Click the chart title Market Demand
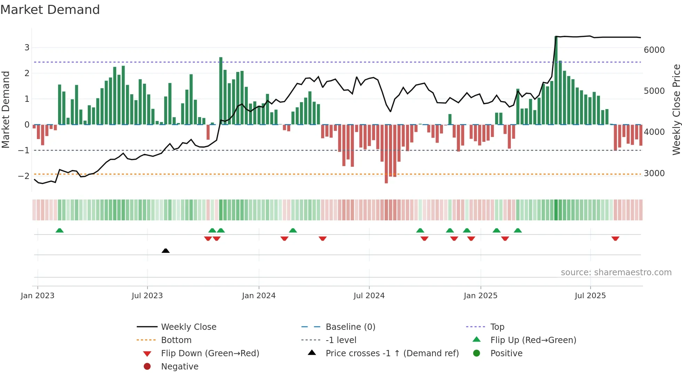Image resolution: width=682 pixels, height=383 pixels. (50, 10)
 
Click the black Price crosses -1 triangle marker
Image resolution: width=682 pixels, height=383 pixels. (166, 251)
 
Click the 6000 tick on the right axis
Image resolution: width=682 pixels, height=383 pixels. (654, 50)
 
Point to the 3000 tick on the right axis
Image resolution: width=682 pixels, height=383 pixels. (654, 173)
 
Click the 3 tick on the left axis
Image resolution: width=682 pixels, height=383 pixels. (27, 48)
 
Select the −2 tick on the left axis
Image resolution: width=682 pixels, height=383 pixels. (24, 176)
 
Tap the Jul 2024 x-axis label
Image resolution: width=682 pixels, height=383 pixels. (369, 296)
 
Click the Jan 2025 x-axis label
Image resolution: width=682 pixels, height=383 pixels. (480, 296)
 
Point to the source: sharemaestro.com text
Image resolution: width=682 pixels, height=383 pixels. (616, 272)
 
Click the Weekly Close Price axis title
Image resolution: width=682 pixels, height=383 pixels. (676, 109)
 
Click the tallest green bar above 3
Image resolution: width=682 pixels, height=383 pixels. (556, 80)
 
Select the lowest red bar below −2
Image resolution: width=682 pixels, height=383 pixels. (386, 155)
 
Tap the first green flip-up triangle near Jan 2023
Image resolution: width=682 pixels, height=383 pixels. (60, 230)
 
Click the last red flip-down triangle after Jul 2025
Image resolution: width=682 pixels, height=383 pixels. (615, 238)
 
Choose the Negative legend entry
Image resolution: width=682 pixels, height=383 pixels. (180, 366)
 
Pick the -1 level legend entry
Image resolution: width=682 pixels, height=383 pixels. (341, 340)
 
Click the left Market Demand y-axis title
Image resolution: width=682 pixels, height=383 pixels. (6, 109)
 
